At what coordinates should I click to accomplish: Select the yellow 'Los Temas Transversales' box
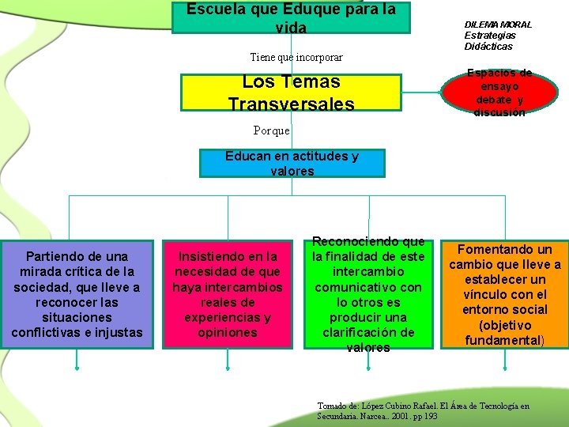click(291, 93)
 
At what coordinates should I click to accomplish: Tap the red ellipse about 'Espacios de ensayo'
click(499, 93)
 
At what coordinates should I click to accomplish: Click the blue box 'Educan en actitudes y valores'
click(292, 163)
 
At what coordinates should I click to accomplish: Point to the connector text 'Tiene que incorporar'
click(296, 58)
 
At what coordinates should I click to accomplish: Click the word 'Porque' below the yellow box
click(272, 130)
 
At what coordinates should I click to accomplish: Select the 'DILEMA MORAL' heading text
click(498, 25)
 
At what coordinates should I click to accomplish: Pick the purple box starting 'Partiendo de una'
click(77, 294)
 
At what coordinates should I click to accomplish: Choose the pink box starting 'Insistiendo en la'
click(228, 294)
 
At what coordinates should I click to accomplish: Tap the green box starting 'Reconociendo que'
click(368, 294)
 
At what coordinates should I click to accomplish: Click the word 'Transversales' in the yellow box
click(291, 104)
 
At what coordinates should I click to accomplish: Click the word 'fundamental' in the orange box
click(501, 340)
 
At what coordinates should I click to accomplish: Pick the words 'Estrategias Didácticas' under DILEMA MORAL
click(490, 40)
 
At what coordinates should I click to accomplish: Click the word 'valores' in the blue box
click(292, 171)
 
